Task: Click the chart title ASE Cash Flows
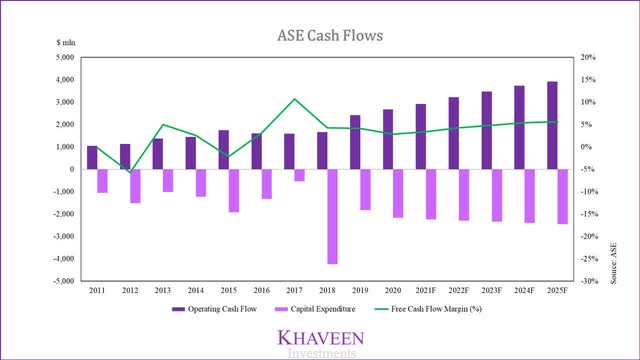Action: (320, 37)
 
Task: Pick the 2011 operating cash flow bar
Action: (93, 157)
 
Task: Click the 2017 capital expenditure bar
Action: (300, 175)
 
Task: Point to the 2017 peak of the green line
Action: (294, 99)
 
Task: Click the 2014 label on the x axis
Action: (197, 290)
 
